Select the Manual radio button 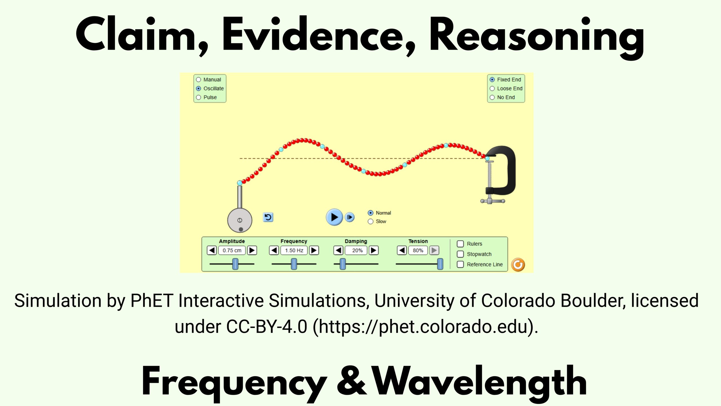[x=199, y=80]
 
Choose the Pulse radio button [x=199, y=97]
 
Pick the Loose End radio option [x=492, y=89]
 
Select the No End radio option [x=492, y=97]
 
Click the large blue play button [x=334, y=217]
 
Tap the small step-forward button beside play [x=350, y=217]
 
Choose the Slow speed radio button [x=371, y=222]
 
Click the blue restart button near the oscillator [x=268, y=217]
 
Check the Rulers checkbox [x=460, y=244]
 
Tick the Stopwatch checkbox [x=460, y=254]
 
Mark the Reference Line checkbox [x=460, y=264]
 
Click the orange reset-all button [x=518, y=265]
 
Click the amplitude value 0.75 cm [x=232, y=250]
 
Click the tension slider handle [x=440, y=264]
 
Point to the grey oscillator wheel [x=240, y=220]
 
